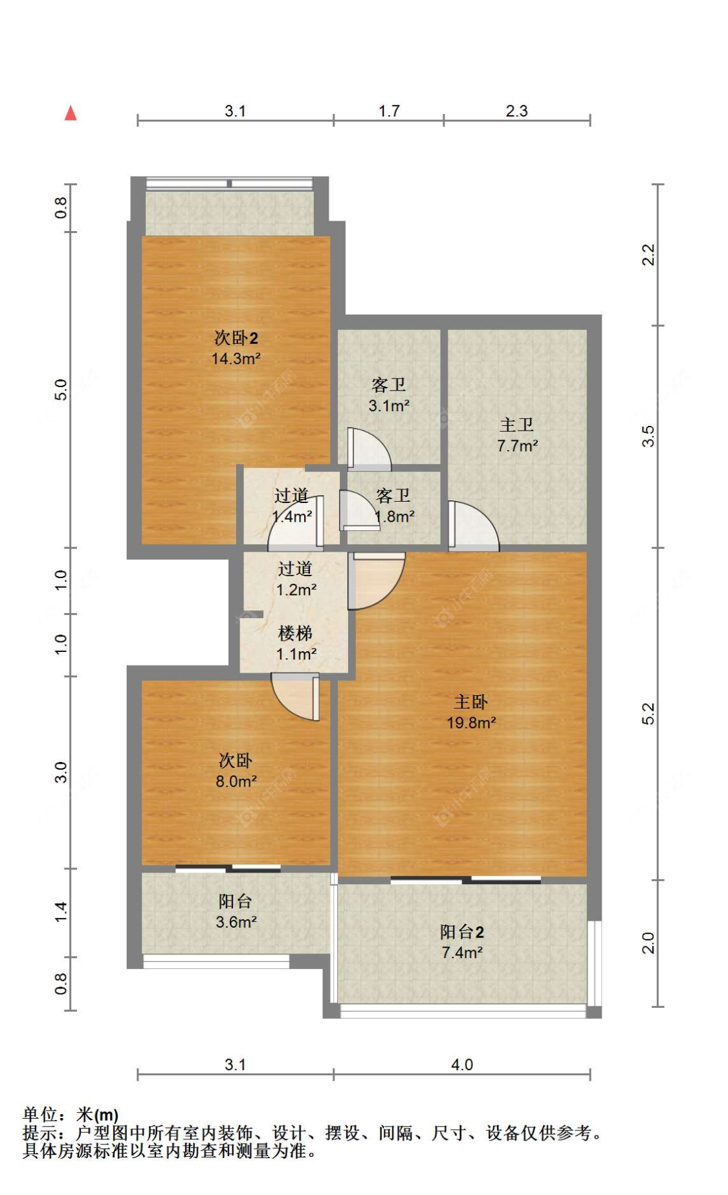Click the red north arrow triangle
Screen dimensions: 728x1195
pyautogui.click(x=71, y=113)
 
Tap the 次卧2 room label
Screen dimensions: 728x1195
pyautogui.click(x=236, y=338)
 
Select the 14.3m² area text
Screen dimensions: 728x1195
pyautogui.click(x=236, y=359)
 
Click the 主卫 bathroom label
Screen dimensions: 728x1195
pyautogui.click(x=516, y=425)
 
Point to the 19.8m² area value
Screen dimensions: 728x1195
pyautogui.click(x=471, y=722)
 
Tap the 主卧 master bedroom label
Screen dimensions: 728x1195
pyautogui.click(x=470, y=702)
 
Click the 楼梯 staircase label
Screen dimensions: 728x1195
pyautogui.click(x=296, y=634)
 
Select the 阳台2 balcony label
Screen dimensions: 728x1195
pyautogui.click(x=462, y=932)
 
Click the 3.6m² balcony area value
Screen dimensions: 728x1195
pyautogui.click(x=236, y=922)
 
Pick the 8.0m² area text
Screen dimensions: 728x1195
pyautogui.click(x=236, y=781)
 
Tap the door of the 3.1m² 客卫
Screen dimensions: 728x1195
pyautogui.click(x=369, y=448)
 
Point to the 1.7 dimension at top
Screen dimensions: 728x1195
pyautogui.click(x=389, y=111)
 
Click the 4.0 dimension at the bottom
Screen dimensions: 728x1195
pyautogui.click(x=462, y=1065)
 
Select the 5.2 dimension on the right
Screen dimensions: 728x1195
pyautogui.click(x=648, y=713)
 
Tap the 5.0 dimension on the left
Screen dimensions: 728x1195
pyautogui.click(x=60, y=390)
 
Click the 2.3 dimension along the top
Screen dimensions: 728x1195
pyautogui.click(x=516, y=111)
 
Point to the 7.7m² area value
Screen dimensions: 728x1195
pyautogui.click(x=518, y=446)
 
